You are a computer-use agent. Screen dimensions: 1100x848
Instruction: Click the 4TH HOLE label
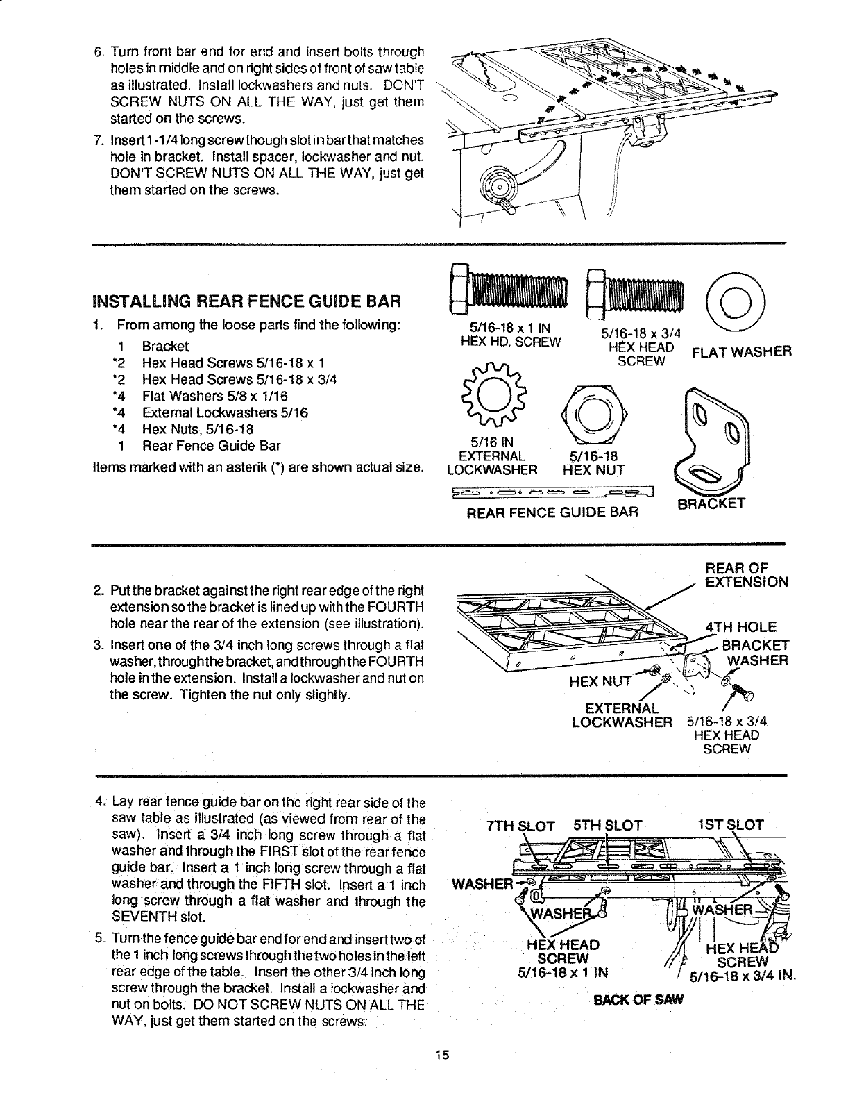pyautogui.click(x=740, y=626)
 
